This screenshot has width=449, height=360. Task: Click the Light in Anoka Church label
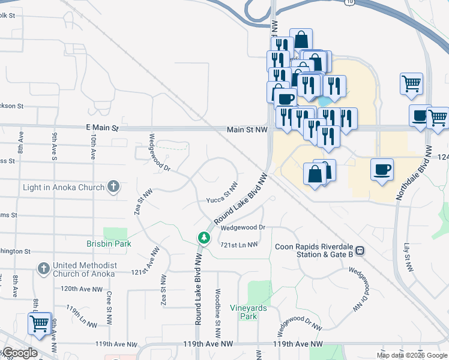coord(64,187)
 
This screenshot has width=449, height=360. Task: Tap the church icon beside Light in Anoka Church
coord(112,187)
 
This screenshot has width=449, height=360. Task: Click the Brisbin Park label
coord(109,244)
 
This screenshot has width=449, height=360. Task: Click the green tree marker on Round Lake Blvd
coord(203,239)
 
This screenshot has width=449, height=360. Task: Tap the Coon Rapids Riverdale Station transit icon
coord(360,250)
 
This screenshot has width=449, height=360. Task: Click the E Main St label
coord(103,128)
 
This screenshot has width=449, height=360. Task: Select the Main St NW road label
coord(247,130)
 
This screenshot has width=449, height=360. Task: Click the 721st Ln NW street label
coord(239,245)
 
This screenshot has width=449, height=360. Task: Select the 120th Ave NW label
coord(81,289)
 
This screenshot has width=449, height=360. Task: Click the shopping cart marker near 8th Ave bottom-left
coord(39,323)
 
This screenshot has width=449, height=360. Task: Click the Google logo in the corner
coord(19,353)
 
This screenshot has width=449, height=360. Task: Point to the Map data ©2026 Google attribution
coord(412,355)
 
